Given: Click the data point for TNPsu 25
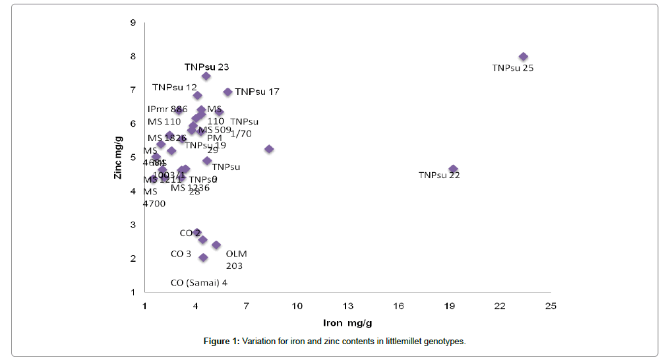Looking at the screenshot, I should pyautogui.click(x=524, y=57).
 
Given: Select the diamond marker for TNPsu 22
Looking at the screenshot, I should pyautogui.click(x=453, y=169).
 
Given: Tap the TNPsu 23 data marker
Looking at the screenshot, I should pyautogui.click(x=206, y=76).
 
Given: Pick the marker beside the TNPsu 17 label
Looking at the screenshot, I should pyautogui.click(x=228, y=92).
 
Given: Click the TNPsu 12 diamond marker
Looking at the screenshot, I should pyautogui.click(x=197, y=96).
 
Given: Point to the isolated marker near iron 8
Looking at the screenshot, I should pyautogui.click(x=269, y=149).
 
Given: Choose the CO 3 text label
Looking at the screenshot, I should pyautogui.click(x=181, y=254).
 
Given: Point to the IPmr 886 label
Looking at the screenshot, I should pyautogui.click(x=167, y=109).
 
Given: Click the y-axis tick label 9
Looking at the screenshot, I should pyautogui.click(x=133, y=23).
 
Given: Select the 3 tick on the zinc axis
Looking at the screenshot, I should pyautogui.click(x=133, y=225).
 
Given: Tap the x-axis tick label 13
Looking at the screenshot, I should pyautogui.click(x=348, y=307).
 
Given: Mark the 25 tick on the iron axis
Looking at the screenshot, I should pyautogui.click(x=551, y=307).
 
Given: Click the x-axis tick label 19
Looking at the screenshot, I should pyautogui.click(x=450, y=307).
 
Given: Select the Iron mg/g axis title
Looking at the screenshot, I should pyautogui.click(x=347, y=323).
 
